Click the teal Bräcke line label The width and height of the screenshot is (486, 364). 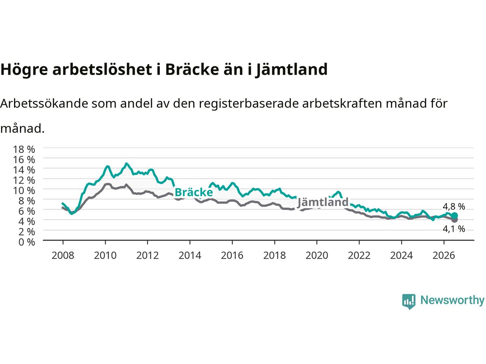[x=194, y=192]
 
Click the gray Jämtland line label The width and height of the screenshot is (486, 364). [x=322, y=202]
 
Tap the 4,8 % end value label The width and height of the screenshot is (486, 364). [x=454, y=207]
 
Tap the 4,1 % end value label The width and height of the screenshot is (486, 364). [x=454, y=229]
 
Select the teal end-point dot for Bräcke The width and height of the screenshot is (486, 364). [x=454, y=215]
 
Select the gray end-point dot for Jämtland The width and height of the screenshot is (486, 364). [x=454, y=220]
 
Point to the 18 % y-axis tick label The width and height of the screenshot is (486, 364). [x=24, y=149]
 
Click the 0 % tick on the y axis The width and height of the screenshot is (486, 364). [x=27, y=242]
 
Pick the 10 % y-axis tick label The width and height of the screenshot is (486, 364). [x=24, y=190]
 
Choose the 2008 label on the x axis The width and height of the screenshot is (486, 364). [x=63, y=256]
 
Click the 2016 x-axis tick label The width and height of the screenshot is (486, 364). [x=232, y=256]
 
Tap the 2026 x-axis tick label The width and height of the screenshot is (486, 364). [x=444, y=256]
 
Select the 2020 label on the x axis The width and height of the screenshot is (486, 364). [x=317, y=256]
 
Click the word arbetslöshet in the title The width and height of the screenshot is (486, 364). [x=102, y=69]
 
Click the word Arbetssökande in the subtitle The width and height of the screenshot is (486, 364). [x=44, y=103]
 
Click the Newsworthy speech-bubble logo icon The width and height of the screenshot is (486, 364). [x=409, y=301]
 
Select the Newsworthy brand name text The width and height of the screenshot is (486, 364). [x=453, y=300]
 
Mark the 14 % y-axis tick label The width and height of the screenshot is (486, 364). [x=24, y=170]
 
